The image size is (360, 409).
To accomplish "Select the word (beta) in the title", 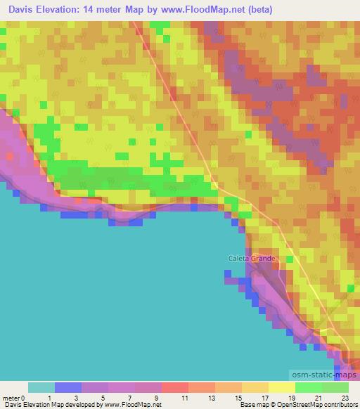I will pos(257,10).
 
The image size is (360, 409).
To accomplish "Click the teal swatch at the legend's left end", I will pos(41,387).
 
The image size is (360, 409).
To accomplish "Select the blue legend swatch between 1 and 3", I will pos(68,387).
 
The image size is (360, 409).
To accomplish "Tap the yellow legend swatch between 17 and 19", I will pos(282,387).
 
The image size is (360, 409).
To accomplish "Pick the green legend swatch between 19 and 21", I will pos(309,387).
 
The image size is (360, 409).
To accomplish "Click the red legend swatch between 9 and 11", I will pos(175,387).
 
